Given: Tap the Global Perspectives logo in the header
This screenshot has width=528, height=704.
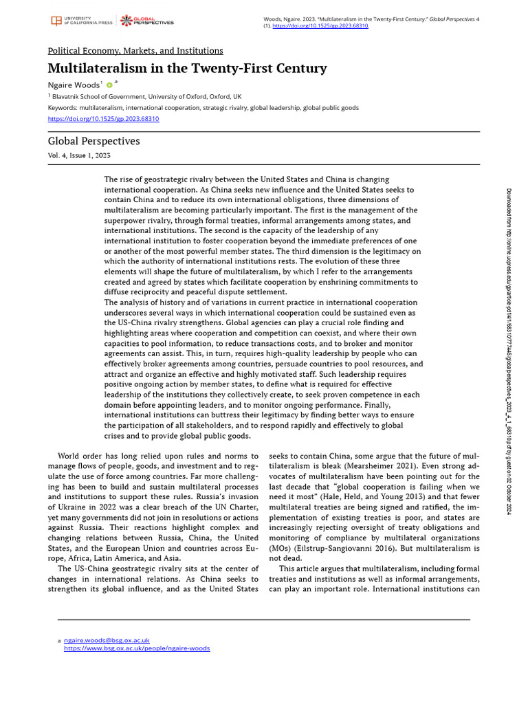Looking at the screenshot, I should tap(147, 21).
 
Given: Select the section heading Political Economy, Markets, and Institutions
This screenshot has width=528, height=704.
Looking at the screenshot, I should tap(135, 51).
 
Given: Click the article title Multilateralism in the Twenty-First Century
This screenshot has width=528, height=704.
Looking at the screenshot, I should tap(187, 68).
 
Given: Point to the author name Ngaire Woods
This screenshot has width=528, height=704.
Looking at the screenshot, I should tap(74, 85).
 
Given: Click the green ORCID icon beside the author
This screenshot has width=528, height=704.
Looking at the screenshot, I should tap(109, 85).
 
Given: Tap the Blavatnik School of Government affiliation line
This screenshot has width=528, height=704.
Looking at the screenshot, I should tap(144, 97).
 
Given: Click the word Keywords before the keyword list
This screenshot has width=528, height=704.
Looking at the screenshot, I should tap(62, 108).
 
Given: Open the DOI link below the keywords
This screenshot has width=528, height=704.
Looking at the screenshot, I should tap(103, 118).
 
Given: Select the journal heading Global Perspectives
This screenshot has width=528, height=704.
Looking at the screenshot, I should tap(93, 141).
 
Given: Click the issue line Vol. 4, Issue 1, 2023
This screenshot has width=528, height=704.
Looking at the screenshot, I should tap(79, 155).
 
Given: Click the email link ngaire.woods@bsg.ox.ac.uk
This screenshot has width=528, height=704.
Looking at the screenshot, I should tap(107, 640).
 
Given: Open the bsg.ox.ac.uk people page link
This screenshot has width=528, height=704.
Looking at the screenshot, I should tap(137, 648).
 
